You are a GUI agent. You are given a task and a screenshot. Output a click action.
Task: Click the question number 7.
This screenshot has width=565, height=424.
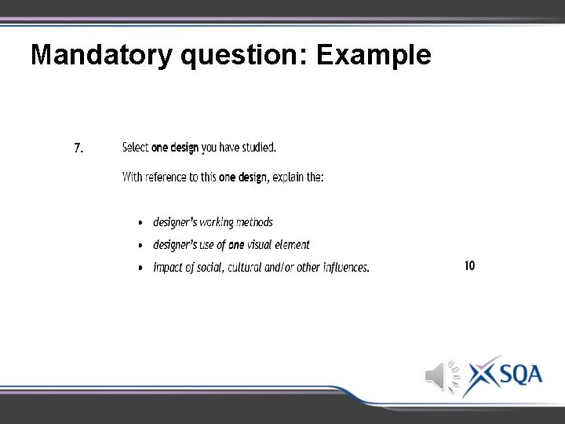[x=79, y=148]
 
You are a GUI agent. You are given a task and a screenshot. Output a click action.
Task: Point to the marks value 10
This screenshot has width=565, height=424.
[x=469, y=265]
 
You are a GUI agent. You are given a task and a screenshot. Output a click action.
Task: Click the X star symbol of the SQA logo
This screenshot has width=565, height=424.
[x=480, y=375]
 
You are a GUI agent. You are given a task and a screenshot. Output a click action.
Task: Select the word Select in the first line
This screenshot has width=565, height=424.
[x=136, y=147]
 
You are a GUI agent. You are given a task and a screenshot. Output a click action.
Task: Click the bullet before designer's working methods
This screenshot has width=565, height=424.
[x=140, y=224]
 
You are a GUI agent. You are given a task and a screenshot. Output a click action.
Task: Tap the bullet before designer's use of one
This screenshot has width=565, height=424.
[x=140, y=246]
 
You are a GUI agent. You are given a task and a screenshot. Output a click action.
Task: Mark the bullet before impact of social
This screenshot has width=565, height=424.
[x=140, y=268]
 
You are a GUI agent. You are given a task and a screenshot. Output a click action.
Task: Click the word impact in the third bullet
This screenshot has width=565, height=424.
[x=168, y=267]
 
